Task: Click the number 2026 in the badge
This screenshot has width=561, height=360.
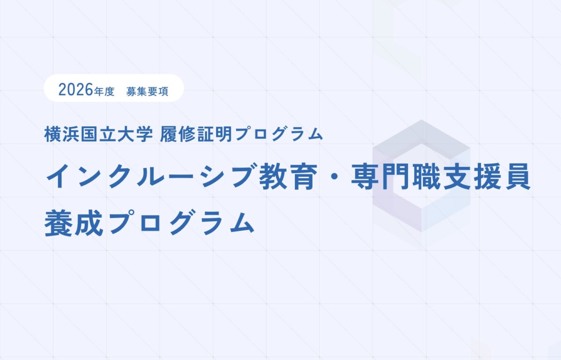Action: coord(75,89)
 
